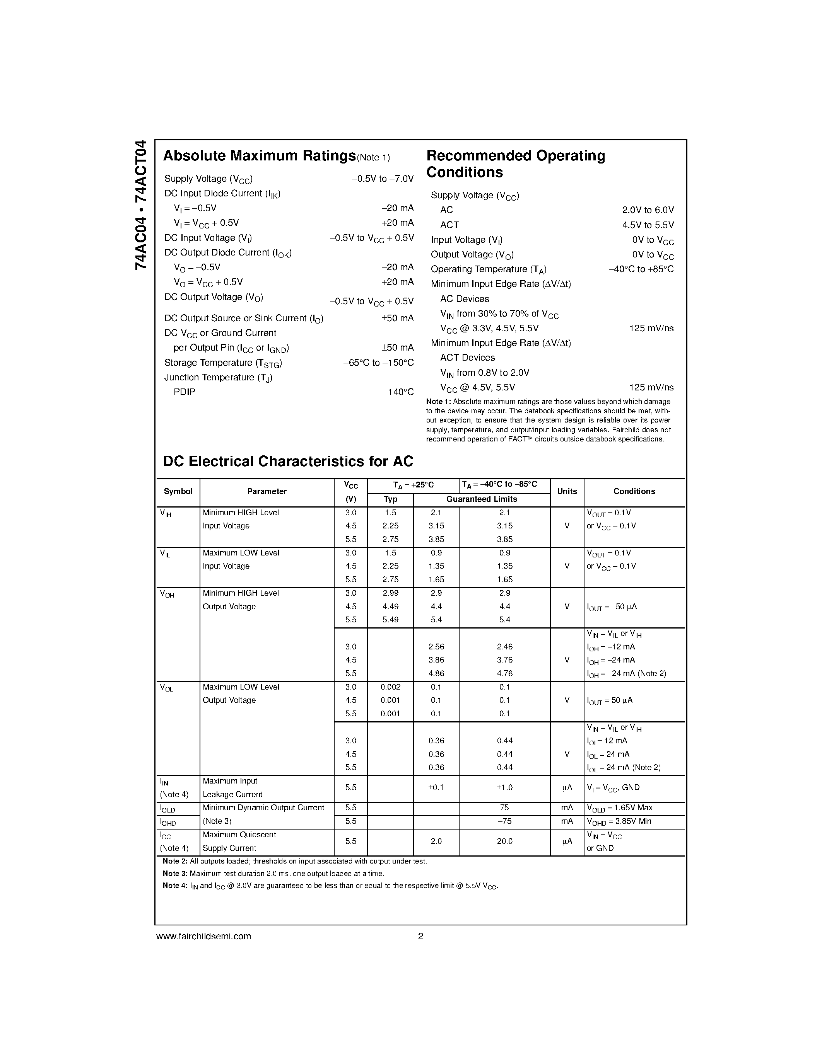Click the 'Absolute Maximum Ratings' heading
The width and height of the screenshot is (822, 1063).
[x=259, y=156]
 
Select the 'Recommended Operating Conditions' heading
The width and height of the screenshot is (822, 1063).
[x=515, y=164]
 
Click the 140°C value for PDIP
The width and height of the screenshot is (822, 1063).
[x=400, y=392]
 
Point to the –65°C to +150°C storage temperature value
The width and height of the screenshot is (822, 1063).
[x=378, y=363]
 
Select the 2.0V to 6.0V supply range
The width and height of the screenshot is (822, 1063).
[x=648, y=210]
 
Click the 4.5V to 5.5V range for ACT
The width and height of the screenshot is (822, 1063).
[x=648, y=225]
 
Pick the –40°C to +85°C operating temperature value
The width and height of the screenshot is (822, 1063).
[x=641, y=269]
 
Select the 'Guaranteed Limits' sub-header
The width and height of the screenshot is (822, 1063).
[x=482, y=499]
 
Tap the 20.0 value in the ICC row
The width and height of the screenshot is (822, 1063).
[x=504, y=841]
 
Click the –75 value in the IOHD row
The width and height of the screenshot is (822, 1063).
[x=504, y=821]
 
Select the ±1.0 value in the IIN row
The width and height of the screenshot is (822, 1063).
[x=504, y=787]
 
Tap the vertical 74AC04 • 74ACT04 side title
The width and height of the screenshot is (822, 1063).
[x=141, y=205]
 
